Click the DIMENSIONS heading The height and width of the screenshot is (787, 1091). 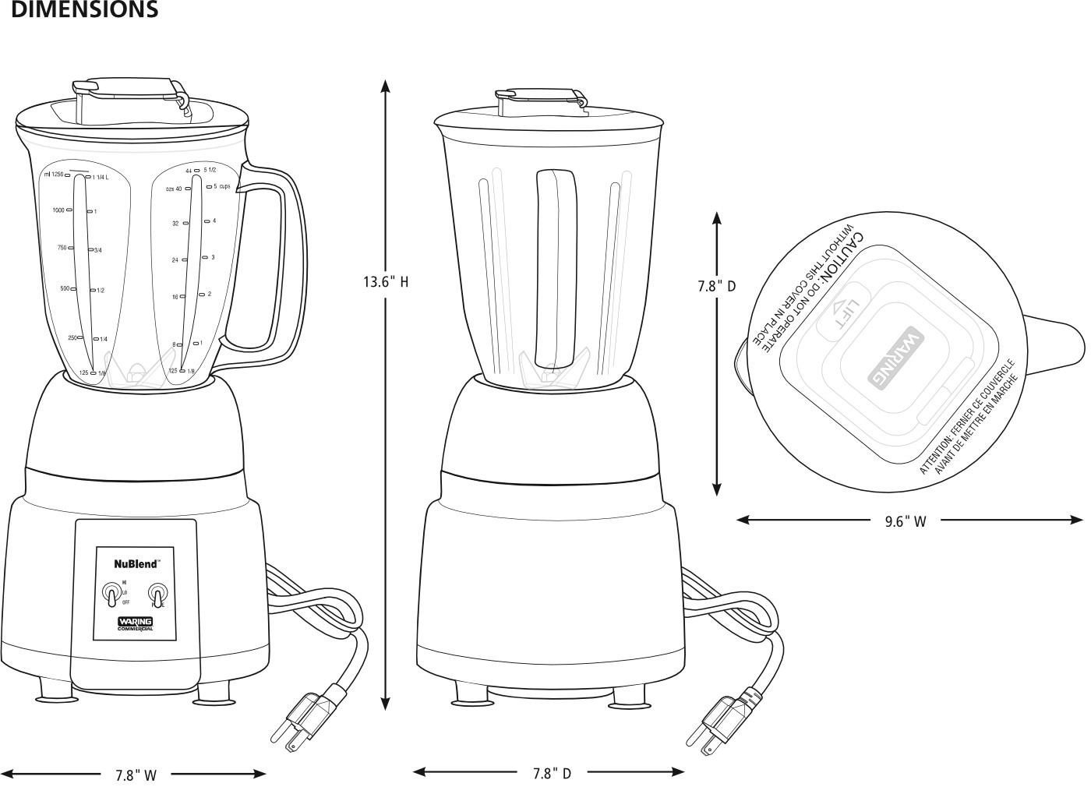tap(85, 10)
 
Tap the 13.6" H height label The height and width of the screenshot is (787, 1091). tap(385, 281)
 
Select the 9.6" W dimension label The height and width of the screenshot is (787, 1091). tap(906, 521)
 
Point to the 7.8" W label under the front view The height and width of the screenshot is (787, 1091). tap(136, 775)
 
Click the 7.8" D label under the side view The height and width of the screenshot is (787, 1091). tap(552, 773)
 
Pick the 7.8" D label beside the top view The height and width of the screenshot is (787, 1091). tap(716, 286)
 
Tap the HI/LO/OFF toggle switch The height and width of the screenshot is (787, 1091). tap(112, 596)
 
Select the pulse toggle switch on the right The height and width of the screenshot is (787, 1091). tap(159, 596)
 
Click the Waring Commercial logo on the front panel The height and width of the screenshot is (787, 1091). tap(135, 623)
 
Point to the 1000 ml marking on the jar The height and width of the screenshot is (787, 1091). tap(59, 210)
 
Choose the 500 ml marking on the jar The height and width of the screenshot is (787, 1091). tap(65, 289)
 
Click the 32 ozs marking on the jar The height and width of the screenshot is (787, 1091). tap(176, 224)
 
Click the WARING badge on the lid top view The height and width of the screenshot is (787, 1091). tap(895, 357)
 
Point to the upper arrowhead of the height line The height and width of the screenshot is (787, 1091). tap(385, 84)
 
